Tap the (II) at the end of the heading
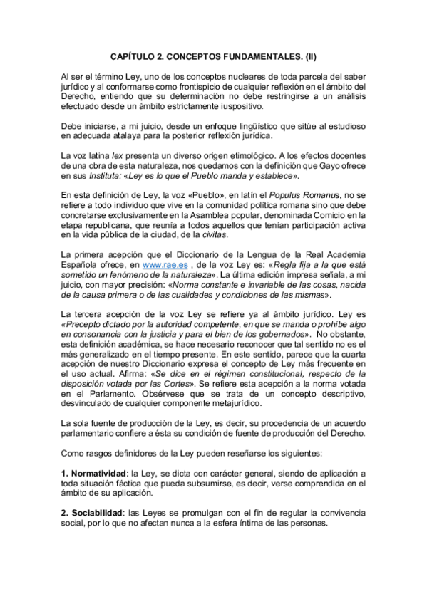tap(311, 54)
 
